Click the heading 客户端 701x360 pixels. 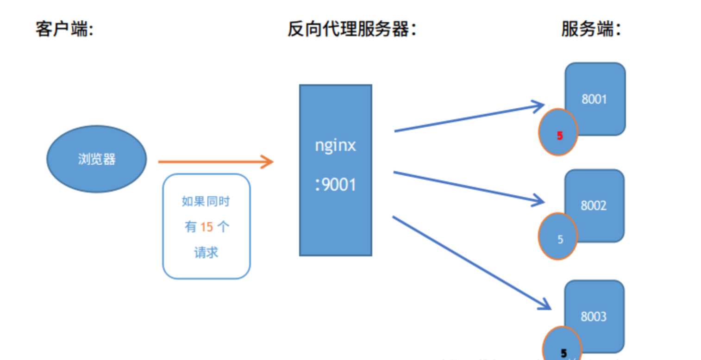pos(64,30)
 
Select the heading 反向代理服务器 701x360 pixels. pos(352,30)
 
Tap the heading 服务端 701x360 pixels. pos(591,30)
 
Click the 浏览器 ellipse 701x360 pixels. pos(97,159)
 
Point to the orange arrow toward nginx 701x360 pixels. pos(215,162)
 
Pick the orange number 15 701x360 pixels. pos(207,227)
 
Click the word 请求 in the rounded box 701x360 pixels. pos(207,253)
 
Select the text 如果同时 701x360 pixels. pos(207,202)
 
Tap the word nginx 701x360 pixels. pos(335,145)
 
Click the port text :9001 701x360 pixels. pos(335,185)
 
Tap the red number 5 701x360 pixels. pos(559,136)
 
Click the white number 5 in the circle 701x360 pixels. pos(560,240)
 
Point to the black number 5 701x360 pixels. pos(563,353)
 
